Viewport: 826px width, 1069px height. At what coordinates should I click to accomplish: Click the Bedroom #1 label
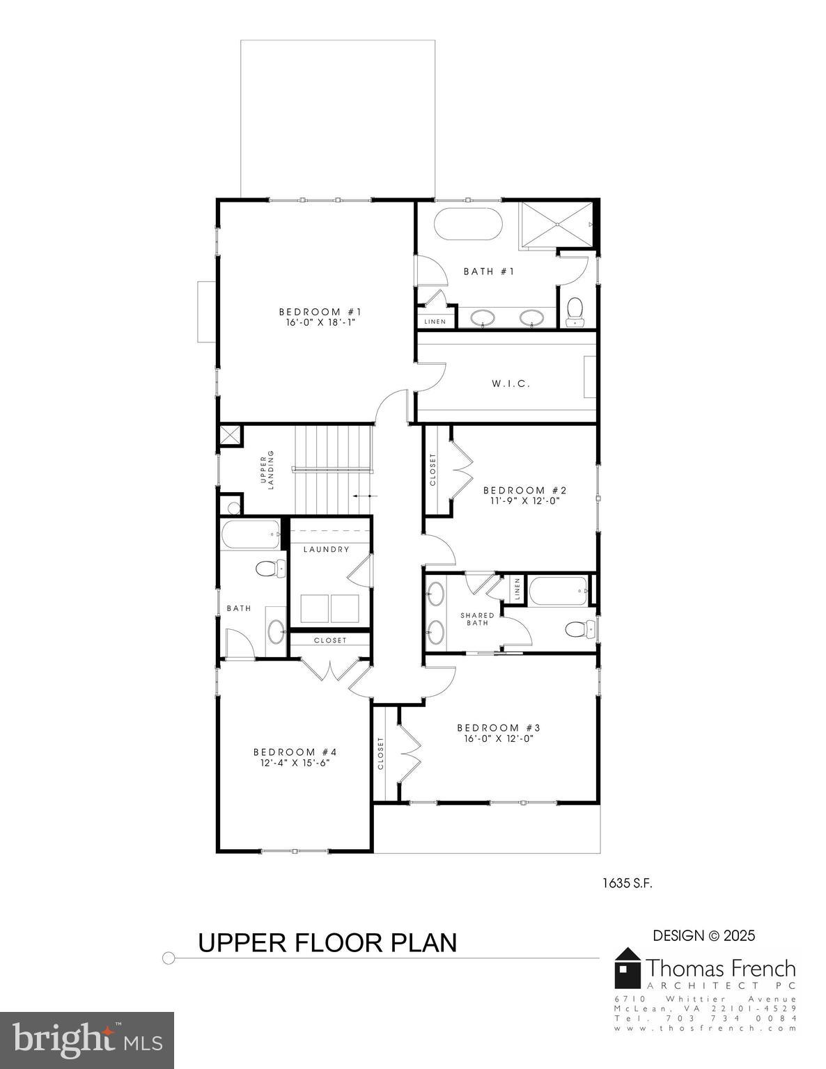pos(320,312)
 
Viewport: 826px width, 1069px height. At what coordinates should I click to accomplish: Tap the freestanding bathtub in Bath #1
pos(467,224)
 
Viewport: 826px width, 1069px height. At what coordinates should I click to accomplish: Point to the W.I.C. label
pos(511,383)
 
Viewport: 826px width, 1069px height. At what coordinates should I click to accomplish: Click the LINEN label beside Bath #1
pos(435,322)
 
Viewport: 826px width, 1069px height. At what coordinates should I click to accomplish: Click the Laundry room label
pos(326,549)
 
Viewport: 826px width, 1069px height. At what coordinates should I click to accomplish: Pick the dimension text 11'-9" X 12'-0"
pos(522,500)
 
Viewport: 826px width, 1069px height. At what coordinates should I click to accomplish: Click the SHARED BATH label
pos(477,619)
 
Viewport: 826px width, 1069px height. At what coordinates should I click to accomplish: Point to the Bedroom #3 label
pos(498,728)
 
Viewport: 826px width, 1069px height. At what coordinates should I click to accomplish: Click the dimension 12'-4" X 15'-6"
pos(295,762)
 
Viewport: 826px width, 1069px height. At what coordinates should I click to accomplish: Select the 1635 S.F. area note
pos(627,883)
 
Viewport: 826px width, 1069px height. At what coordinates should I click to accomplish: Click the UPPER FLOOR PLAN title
pos(327,942)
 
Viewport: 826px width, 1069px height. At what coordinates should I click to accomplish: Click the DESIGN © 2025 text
pos(703,936)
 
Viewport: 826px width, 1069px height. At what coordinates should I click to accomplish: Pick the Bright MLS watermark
pos(87,1040)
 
